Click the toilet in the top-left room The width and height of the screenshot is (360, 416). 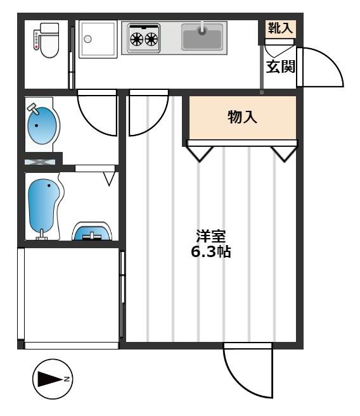(46, 41)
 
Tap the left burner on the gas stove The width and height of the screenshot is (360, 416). (137, 39)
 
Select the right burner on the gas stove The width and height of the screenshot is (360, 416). (151, 39)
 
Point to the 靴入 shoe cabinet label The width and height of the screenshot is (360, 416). (280, 28)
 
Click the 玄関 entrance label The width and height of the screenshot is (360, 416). (281, 66)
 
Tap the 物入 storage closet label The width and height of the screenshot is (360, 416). (242, 117)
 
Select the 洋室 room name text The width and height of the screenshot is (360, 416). (211, 236)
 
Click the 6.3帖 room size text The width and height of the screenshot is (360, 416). (211, 251)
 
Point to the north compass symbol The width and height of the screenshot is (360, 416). (53, 379)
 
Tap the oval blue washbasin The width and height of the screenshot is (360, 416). (42, 125)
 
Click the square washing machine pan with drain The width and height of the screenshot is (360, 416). (98, 39)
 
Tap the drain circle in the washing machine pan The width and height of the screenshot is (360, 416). (87, 39)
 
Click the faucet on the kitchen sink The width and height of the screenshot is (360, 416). (203, 28)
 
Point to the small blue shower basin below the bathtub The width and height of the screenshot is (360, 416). (92, 231)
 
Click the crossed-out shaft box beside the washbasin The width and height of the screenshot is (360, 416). (40, 162)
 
